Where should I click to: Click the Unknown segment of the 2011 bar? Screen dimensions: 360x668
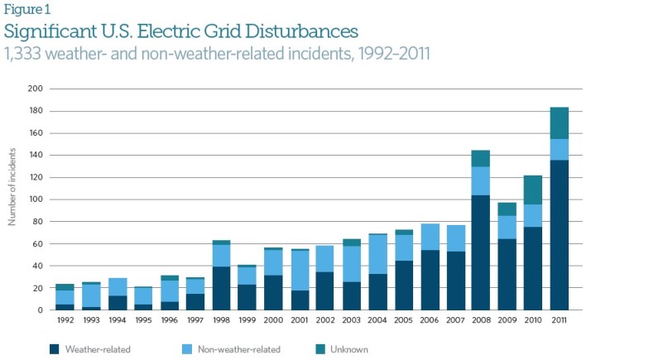coord(559,122)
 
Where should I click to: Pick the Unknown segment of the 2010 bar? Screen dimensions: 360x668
coord(532,190)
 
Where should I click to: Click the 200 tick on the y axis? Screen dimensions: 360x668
coord(35,89)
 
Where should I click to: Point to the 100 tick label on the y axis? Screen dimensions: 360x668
coord(35,199)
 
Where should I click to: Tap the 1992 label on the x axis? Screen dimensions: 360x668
coord(64,320)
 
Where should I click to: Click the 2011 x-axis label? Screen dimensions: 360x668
coord(559,320)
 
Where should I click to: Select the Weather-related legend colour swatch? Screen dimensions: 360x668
coord(55,348)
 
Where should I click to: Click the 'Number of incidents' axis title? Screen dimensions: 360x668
coord(12,186)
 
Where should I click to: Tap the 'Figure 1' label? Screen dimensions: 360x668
coord(24,10)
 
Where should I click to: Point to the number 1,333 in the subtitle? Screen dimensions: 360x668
coord(26,55)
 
